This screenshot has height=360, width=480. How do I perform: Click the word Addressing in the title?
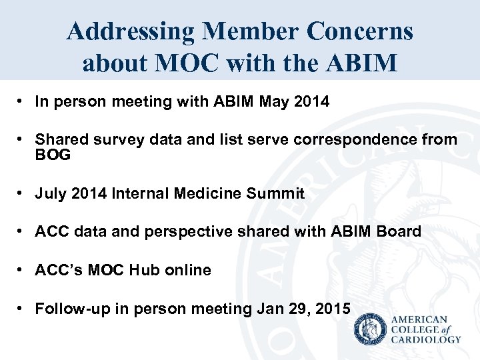[x=130, y=31]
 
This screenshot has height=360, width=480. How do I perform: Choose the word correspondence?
[x=370, y=139]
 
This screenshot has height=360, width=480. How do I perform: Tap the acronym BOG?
[x=53, y=155]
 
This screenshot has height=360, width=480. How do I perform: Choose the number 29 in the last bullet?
[x=299, y=309]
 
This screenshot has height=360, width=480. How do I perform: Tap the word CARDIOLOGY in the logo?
[x=426, y=339]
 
